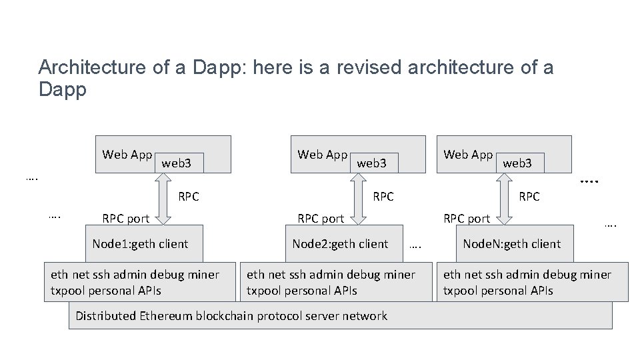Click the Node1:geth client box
140,244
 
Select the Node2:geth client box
340,244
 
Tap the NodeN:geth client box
512,244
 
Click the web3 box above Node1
177,162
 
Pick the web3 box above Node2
372,162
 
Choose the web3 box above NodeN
518,162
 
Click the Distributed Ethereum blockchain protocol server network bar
340,316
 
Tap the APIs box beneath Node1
140,283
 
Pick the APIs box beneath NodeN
532,283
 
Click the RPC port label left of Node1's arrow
125,219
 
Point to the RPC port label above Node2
321,219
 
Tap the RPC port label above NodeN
467,219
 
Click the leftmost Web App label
127,155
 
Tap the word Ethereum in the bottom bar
160,316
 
